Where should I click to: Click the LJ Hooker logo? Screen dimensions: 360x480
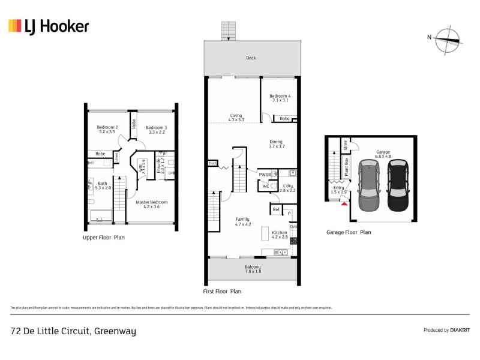49,26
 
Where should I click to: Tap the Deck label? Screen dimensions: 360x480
251,58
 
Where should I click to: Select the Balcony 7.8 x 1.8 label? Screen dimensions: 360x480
253,269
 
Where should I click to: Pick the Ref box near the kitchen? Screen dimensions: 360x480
277,209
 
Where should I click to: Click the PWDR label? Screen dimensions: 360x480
265,175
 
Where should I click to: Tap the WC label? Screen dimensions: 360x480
265,187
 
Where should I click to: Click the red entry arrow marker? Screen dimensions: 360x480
344,205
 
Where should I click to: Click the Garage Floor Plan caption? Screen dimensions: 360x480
349,232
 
